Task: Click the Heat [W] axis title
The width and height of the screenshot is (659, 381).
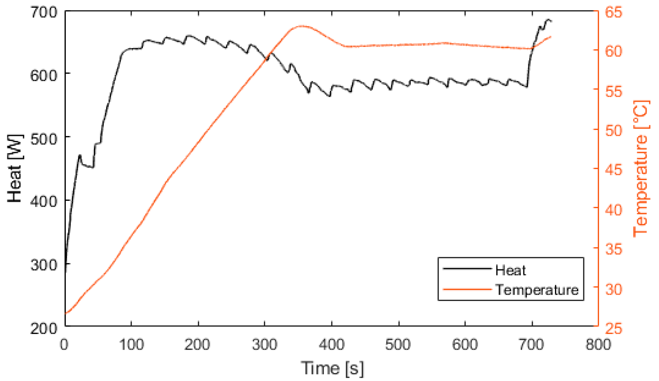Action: click(x=15, y=168)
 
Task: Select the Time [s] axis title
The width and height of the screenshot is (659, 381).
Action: click(x=332, y=368)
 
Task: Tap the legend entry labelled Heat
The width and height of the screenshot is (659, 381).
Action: click(x=510, y=270)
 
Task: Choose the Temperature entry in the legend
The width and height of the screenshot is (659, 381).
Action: click(x=537, y=290)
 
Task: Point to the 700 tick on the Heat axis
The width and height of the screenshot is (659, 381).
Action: click(x=43, y=13)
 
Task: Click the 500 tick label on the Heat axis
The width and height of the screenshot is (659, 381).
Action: click(x=43, y=139)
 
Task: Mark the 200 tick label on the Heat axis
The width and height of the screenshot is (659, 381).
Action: click(x=43, y=328)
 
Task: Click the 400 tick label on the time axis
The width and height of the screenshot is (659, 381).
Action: click(x=332, y=345)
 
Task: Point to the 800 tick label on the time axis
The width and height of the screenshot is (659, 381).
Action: click(x=598, y=345)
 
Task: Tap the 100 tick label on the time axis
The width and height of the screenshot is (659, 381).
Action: click(x=131, y=345)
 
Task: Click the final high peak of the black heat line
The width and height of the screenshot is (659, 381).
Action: click(x=548, y=20)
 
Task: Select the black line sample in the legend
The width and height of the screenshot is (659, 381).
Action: click(x=467, y=269)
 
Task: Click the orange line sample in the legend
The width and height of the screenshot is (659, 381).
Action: click(x=467, y=289)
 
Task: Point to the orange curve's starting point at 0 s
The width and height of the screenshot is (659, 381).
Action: click(x=66, y=313)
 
